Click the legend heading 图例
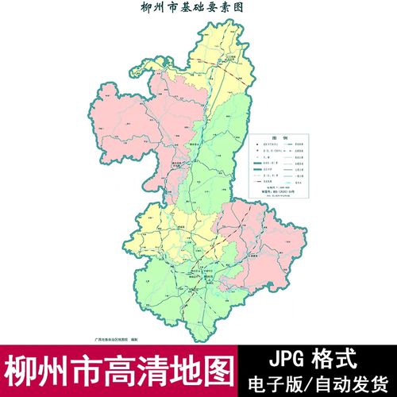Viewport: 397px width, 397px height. [x=278, y=136]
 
